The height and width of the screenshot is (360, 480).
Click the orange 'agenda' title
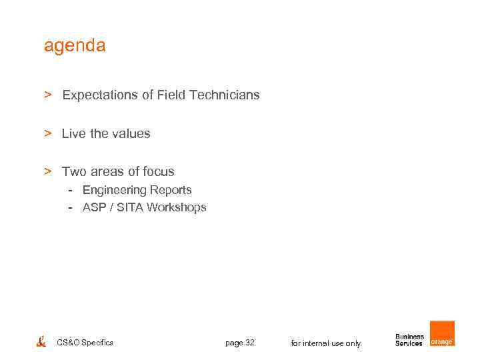[75, 46]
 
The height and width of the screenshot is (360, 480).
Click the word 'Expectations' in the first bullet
[100, 95]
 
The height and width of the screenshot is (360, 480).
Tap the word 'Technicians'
[225, 95]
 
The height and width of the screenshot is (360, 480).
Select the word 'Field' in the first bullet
[171, 95]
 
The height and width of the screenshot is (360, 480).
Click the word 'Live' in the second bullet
[73, 134]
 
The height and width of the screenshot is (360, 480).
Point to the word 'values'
[132, 134]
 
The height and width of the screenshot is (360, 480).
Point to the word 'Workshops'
[177, 207]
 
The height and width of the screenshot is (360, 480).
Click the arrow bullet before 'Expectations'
[48, 95]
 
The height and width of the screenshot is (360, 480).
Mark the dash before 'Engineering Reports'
[70, 191]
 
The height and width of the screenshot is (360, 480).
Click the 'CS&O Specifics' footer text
[85, 343]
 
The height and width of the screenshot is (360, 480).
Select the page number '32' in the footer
[249, 343]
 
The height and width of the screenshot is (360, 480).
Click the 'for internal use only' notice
[326, 343]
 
